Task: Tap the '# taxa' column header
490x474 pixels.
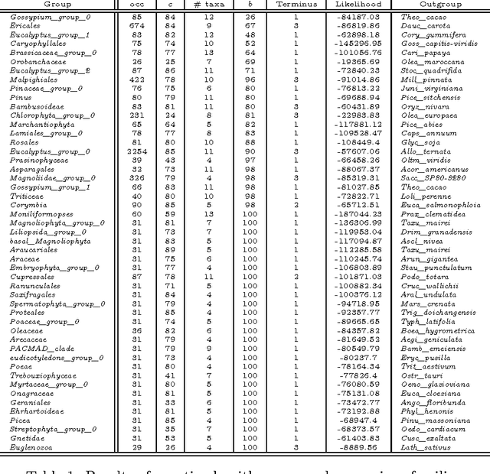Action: (x=207, y=4)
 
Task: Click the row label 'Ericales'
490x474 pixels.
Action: (x=25, y=25)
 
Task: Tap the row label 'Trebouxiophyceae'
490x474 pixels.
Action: (x=39, y=375)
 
